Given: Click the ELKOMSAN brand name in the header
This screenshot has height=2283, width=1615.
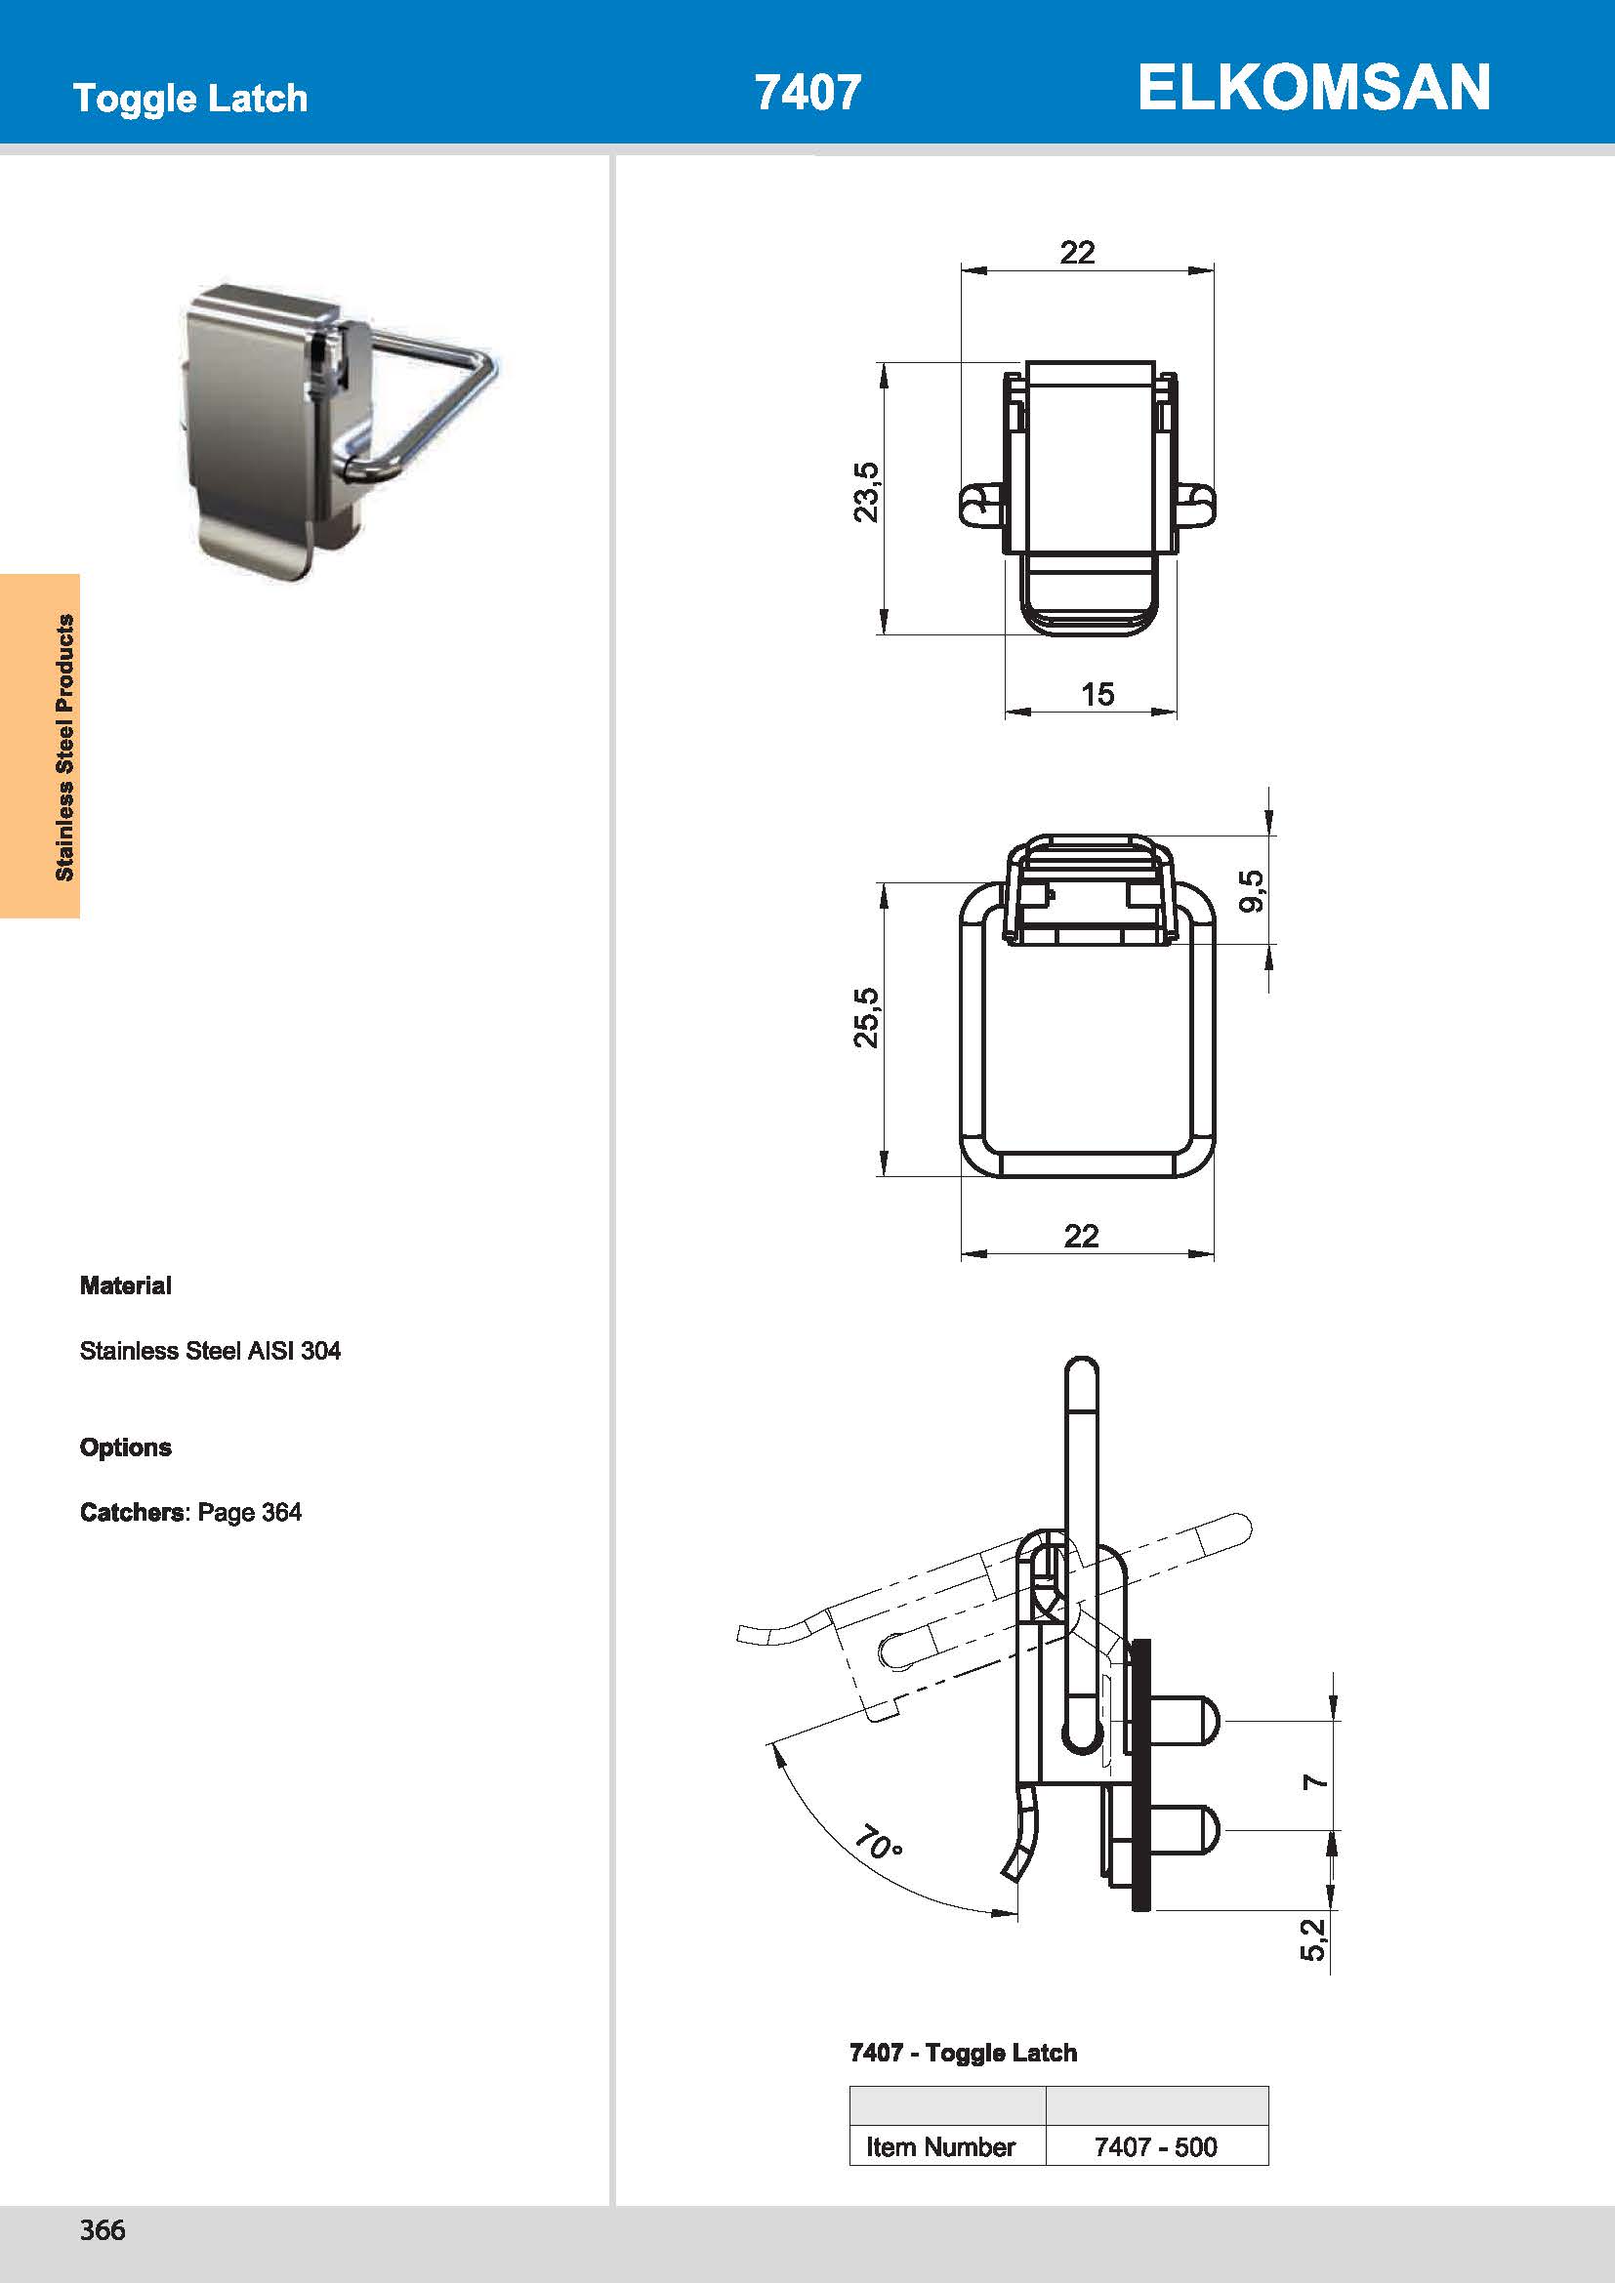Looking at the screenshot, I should coord(1312,88).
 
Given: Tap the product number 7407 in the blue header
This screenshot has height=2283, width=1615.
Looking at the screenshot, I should coord(807,93).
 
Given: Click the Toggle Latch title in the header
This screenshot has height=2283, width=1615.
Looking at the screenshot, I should coord(190,99).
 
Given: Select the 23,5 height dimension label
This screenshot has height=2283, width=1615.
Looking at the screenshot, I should coord(866,491).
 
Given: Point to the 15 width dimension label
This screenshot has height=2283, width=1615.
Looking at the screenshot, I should coord(1097,694).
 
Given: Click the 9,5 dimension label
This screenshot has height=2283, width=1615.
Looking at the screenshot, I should coord(1254,890).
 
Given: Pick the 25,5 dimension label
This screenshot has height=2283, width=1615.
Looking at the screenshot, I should coord(866,1017).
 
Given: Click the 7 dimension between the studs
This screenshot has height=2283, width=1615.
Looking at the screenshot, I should coord(1314,1781).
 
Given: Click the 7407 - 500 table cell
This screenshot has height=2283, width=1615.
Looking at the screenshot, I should coord(1155,2146).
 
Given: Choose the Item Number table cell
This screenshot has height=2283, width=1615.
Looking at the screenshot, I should coord(939,2146).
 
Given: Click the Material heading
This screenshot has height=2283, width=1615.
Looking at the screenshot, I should coord(125,1285).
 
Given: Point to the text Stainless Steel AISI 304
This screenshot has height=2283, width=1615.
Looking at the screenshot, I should coord(210,1350).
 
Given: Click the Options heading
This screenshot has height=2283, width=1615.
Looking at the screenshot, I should coord(125,1447).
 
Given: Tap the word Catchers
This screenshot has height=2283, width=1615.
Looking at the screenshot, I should coord(131,1512).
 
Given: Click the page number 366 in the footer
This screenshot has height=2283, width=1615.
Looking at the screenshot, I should coord(103,2229).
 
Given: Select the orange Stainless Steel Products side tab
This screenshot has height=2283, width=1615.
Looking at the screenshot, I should coord(41,746).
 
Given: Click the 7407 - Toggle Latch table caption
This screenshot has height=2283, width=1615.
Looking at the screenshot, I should coord(963,2053).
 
